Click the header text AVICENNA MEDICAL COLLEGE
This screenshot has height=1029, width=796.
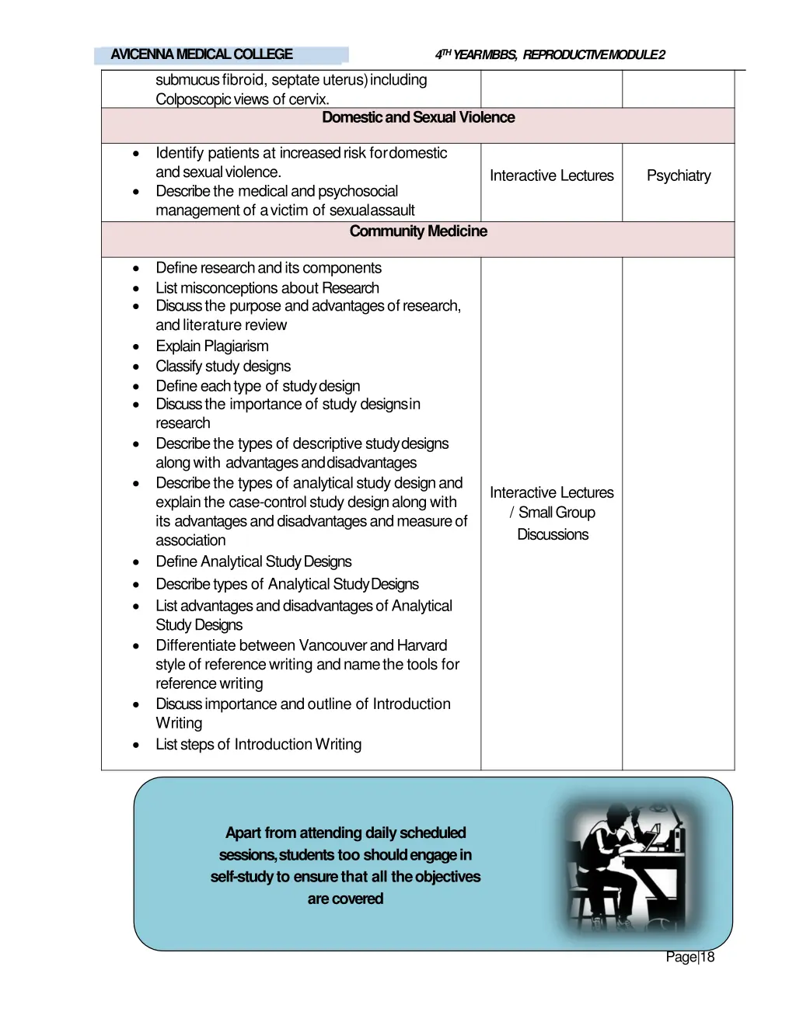click(201, 54)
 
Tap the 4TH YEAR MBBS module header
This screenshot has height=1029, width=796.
click(550, 54)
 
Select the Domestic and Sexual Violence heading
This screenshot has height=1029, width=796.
click(418, 117)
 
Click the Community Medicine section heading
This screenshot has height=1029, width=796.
click(418, 231)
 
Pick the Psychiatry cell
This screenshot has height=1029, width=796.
click(679, 176)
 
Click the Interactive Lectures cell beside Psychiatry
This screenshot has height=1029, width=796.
click(551, 176)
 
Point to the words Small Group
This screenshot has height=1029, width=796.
click(557, 513)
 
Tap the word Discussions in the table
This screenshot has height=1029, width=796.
click(553, 534)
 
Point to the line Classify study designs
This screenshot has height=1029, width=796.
click(223, 367)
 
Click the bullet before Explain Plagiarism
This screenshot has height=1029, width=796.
click(136, 347)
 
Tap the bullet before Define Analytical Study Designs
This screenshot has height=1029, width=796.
click(136, 562)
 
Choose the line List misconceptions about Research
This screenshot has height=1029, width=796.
click(267, 288)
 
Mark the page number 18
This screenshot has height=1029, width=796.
click(707, 957)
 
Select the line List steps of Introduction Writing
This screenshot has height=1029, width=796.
click(258, 745)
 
